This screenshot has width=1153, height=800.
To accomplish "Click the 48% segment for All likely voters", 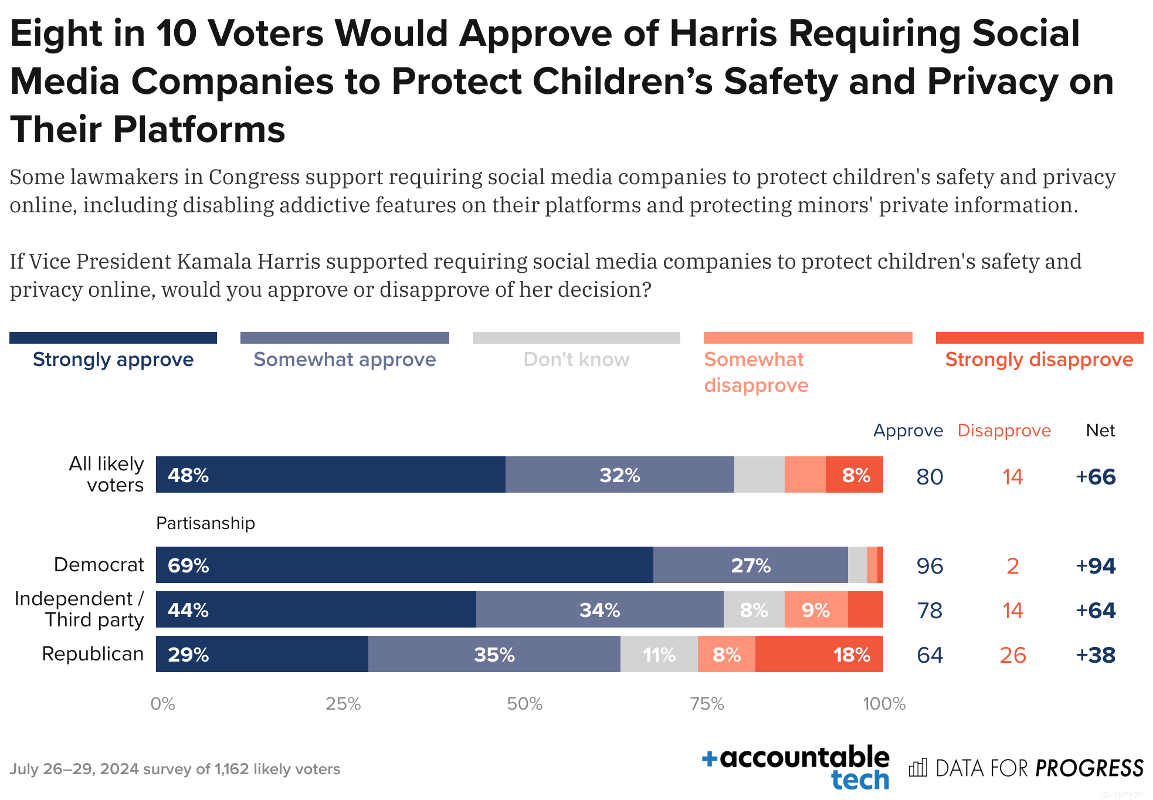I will [x=330, y=474].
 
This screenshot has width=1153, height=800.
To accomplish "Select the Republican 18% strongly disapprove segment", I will [x=819, y=655].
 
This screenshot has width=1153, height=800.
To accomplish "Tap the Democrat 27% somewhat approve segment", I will [x=750, y=565].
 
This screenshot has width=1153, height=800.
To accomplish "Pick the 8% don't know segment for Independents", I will [x=754, y=610].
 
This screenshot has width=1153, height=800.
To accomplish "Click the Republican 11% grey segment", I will [x=659, y=655].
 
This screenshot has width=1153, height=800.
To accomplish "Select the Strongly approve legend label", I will [x=113, y=360].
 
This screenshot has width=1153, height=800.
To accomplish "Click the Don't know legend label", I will [x=576, y=360].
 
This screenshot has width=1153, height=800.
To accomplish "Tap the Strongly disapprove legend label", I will [x=1039, y=360].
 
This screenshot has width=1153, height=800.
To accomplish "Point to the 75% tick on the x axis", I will [x=707, y=703].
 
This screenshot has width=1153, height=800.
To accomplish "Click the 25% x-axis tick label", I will [x=343, y=703].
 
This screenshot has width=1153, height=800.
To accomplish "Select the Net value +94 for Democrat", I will [x=1096, y=566].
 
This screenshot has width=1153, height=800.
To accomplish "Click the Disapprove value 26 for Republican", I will [x=1012, y=655].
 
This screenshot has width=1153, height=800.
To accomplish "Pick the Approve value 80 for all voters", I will [x=930, y=477].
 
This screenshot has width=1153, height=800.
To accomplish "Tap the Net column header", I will [x=1100, y=430].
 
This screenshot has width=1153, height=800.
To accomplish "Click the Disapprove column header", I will [x=1004, y=430].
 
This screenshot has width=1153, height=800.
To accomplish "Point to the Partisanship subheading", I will [x=205, y=523].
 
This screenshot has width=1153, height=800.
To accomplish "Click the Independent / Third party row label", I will [x=79, y=609].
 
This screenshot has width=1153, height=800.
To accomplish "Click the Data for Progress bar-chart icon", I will [x=918, y=768].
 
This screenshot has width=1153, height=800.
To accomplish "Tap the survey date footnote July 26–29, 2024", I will [x=175, y=769].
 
